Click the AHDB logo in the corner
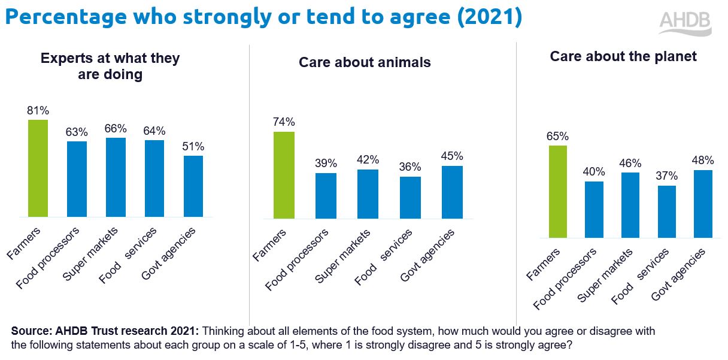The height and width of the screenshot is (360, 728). coord(685,23)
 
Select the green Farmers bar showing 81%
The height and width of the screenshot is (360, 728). coord(38,168)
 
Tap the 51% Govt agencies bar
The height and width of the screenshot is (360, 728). coord(193,186)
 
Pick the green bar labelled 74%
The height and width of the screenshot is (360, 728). coord(284,175)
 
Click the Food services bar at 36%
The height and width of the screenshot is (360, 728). coord(410,197)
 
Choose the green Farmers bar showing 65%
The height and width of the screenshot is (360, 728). coord(557,192)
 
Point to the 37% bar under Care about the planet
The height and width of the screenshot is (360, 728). coord(666,211)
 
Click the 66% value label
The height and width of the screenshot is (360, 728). coord(116,128)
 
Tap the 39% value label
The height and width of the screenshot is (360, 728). coord(326,164)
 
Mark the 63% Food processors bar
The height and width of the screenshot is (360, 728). coord(77,179)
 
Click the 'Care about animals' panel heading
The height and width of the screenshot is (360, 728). coord(365,62)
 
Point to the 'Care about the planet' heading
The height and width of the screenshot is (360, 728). coord(623,56)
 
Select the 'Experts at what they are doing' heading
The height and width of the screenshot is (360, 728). coord(110,66)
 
